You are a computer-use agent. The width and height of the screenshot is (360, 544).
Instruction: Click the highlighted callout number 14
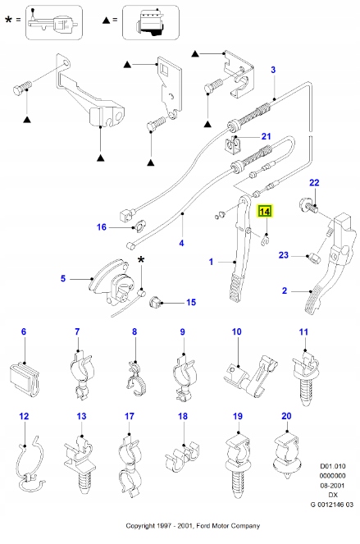[x=265, y=212]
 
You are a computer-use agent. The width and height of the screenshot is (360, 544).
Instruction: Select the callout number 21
[x=266, y=136]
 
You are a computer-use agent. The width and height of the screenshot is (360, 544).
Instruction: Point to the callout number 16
[x=102, y=227]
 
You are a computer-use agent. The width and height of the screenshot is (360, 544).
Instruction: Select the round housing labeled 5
[x=104, y=284]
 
